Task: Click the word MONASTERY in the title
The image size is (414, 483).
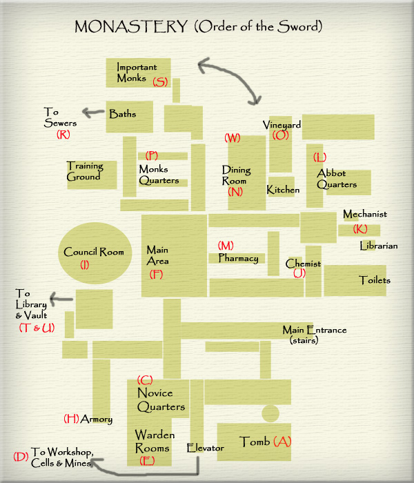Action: click(x=131, y=26)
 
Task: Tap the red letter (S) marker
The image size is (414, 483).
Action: click(x=160, y=81)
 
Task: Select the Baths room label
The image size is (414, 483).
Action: click(x=123, y=114)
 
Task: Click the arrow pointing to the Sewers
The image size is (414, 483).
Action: click(x=93, y=112)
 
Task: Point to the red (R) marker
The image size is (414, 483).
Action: click(x=63, y=135)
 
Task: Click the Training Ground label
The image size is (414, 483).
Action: click(x=85, y=171)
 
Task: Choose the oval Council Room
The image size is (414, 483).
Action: click(x=95, y=253)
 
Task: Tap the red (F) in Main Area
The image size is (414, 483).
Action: click(x=156, y=274)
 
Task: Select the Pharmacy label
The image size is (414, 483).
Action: click(x=239, y=258)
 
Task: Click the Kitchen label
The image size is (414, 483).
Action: click(x=283, y=190)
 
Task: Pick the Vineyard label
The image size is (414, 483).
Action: click(x=282, y=125)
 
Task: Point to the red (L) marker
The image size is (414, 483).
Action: click(x=319, y=157)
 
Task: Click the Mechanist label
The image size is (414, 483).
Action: click(x=365, y=214)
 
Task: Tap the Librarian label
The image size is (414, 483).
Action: click(x=379, y=246)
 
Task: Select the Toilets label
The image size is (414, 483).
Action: click(x=375, y=280)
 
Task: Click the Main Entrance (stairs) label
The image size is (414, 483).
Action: click(x=315, y=335)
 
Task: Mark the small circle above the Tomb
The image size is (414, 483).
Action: click(x=270, y=413)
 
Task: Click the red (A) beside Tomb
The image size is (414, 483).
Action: click(x=282, y=442)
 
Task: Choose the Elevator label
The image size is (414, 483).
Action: click(x=206, y=448)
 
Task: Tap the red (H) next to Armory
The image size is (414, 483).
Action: click(x=71, y=419)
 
